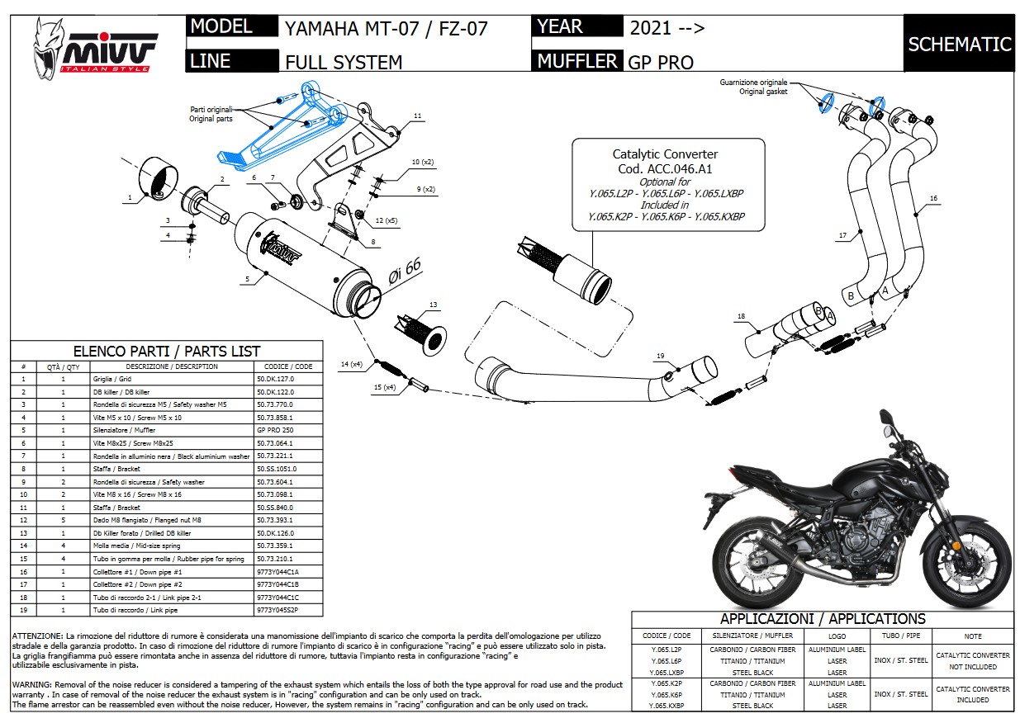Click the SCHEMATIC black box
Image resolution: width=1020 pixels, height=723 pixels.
pyautogui.click(x=959, y=44)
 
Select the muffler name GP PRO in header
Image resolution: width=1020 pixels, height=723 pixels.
pyautogui.click(x=661, y=62)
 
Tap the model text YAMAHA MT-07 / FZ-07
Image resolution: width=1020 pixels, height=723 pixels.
pyautogui.click(x=386, y=29)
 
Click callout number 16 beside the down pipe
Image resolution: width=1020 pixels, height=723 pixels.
pyautogui.click(x=933, y=198)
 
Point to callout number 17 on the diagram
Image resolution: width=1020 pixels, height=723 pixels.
pyautogui.click(x=842, y=236)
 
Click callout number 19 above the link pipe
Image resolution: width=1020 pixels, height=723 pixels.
pyautogui.click(x=660, y=356)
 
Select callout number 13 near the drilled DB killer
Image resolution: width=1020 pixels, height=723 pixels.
pyautogui.click(x=433, y=305)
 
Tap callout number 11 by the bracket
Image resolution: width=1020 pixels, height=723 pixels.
pyautogui.click(x=417, y=116)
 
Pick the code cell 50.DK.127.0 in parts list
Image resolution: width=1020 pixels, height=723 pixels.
pyautogui.click(x=275, y=379)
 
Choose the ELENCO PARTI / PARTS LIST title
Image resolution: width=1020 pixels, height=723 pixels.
pyautogui.click(x=167, y=351)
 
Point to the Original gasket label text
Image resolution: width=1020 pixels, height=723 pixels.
pyautogui.click(x=764, y=92)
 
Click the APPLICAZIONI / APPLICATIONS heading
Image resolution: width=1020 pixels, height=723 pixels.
pyautogui.click(x=822, y=619)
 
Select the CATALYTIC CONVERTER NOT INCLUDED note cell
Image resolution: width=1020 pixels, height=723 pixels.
pyautogui.click(x=972, y=660)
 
